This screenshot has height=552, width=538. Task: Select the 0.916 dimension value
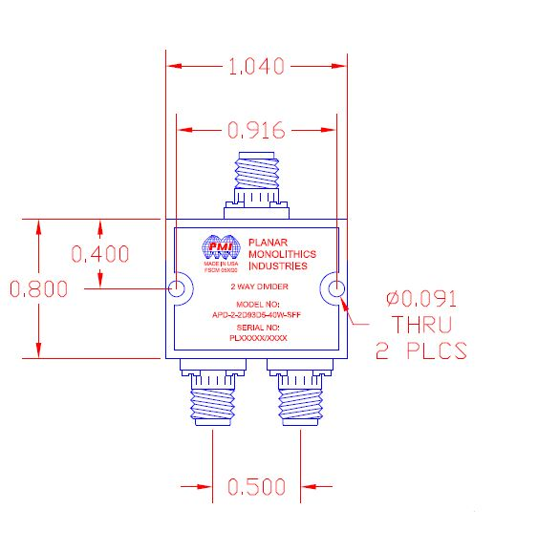[x=256, y=130]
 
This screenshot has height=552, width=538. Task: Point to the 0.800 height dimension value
[x=37, y=289]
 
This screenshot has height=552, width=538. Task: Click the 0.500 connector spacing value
[x=256, y=486]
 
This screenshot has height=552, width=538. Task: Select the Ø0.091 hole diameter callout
[x=420, y=297]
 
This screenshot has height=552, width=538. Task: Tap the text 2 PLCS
[x=420, y=351]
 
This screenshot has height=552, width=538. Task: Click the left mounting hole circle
[x=178, y=289]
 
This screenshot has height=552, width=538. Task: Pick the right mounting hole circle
[x=334, y=289]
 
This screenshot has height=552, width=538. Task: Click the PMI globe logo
[x=218, y=248]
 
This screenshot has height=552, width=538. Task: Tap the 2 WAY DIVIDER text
[x=258, y=286]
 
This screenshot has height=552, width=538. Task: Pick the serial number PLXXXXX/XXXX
[x=258, y=338]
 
